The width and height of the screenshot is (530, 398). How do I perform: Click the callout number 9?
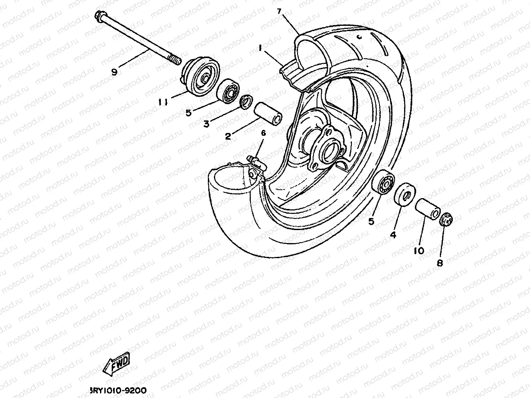[114, 73]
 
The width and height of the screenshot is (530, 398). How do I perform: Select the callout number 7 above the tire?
[279, 11]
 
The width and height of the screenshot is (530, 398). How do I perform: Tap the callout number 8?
[439, 262]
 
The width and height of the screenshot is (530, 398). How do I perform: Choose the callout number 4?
[392, 235]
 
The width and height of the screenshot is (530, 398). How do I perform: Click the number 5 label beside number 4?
[371, 221]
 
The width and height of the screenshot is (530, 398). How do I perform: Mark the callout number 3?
[207, 124]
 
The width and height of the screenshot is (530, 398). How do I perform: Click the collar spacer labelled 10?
[427, 209]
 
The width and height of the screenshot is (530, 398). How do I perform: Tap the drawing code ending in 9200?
[118, 390]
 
